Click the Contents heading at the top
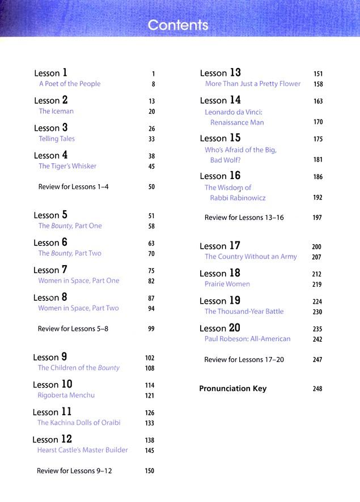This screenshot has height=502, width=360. [x=177, y=25]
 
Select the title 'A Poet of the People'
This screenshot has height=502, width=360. [x=69, y=84]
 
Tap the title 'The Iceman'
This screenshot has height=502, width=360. [x=56, y=112]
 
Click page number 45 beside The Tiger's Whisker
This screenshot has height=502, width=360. [x=151, y=167]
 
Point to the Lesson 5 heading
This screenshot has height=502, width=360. [x=50, y=215]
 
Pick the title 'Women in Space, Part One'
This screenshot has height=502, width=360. [x=78, y=281]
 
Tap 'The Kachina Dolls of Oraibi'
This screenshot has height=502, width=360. [x=79, y=423]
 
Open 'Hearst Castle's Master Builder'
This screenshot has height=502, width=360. [x=82, y=450]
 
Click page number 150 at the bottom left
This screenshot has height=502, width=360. [x=150, y=471]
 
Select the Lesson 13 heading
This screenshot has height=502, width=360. [x=220, y=73]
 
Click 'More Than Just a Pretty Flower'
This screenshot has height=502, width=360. [x=253, y=84]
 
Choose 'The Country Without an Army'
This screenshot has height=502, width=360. [x=251, y=257]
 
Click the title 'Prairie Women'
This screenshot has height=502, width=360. [x=227, y=284]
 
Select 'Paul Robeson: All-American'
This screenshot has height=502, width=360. [x=247, y=339]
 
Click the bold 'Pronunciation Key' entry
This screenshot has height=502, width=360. [x=232, y=389]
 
